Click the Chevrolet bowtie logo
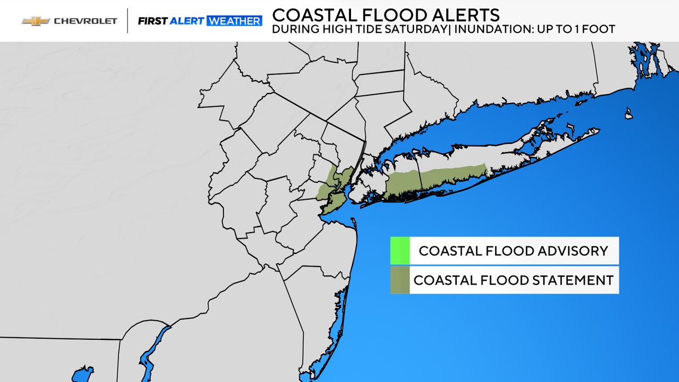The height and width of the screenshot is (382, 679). pyautogui.click(x=35, y=21)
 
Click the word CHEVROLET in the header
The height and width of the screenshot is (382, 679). pyautogui.click(x=85, y=21)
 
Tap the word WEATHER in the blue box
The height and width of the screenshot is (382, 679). pyautogui.click(x=234, y=21)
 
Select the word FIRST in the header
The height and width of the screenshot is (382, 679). pyautogui.click(x=152, y=21)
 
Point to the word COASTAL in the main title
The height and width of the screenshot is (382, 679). pyautogui.click(x=309, y=14)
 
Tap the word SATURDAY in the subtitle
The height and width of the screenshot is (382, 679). pyautogui.click(x=416, y=30)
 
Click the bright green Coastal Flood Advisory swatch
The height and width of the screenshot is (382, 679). pyautogui.click(x=400, y=251)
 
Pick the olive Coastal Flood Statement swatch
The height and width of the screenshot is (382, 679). pyautogui.click(x=400, y=280)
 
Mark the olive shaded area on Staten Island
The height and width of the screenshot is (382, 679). pyautogui.click(x=332, y=204)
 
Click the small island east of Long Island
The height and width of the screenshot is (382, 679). pyautogui.click(x=629, y=113)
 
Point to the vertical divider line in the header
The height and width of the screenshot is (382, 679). pyautogui.click(x=128, y=21)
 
